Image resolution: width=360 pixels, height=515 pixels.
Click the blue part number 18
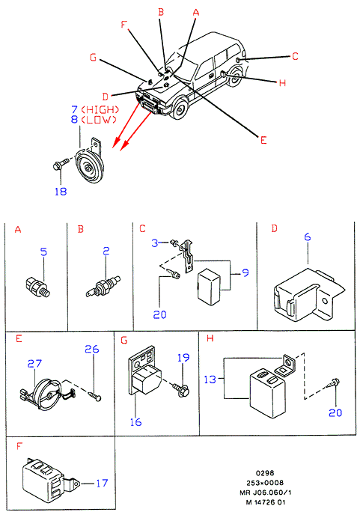coord(61,191)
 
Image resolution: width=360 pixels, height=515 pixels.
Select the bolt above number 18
coord(61,164)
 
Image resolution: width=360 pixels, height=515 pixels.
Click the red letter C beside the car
coord(295,56)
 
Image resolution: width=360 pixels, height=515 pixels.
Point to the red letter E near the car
coord(263,140)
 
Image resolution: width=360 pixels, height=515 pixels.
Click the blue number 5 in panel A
coord(43,252)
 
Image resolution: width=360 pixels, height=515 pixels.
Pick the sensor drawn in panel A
coord(37,287)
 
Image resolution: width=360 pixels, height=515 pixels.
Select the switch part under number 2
coord(103,286)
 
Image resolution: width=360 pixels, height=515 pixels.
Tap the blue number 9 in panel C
coord(245,272)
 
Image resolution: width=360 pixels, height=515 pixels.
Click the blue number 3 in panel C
coord(155,243)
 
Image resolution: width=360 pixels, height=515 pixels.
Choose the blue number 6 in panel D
coord(307,237)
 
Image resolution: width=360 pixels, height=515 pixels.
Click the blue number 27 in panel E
coord(34,364)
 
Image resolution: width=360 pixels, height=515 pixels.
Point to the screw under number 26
coord(94,395)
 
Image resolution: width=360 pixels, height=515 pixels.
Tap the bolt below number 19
coord(181,389)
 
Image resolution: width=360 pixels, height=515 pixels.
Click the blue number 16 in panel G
coord(135,422)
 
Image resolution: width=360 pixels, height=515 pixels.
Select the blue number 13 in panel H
coord(210,380)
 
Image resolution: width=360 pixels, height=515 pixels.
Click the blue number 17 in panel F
coord(102,483)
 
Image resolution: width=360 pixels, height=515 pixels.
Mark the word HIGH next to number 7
coord(100,110)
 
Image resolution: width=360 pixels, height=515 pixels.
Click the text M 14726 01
coord(266,502)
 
